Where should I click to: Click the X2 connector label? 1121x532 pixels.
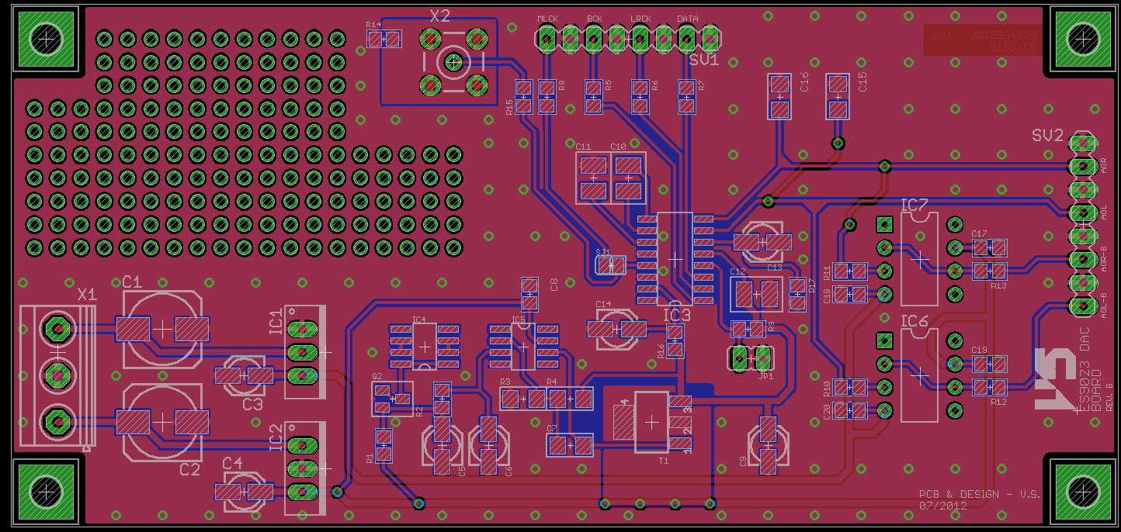439,16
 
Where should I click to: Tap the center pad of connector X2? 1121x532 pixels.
453,62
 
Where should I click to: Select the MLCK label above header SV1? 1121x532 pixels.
548,19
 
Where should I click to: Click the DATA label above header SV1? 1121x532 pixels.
687,19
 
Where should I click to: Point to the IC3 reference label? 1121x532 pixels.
676,315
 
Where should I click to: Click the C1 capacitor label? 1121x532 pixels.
131,281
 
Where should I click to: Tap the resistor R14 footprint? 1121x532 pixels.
383,38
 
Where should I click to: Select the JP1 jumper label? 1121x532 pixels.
765,376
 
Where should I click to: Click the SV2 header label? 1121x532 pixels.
1047,135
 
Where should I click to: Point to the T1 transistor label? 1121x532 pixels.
663,460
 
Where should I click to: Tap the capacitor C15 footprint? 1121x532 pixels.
837,96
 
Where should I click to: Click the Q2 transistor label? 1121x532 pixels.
377,376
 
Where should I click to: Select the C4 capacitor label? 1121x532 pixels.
232,462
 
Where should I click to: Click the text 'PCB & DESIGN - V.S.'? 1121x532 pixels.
979,494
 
